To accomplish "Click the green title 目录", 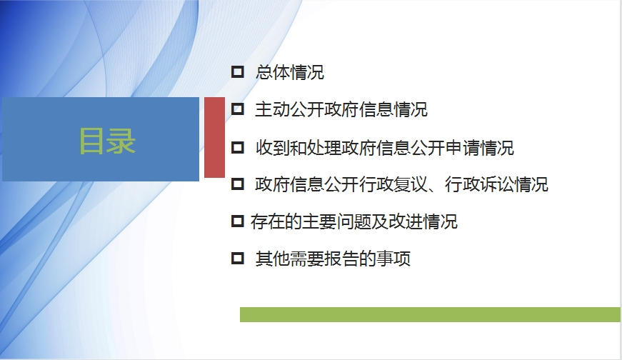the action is pos(108,141).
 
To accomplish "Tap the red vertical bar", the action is pos(215,137).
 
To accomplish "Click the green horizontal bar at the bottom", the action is pos(430,314).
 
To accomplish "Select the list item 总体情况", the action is pos(290,72).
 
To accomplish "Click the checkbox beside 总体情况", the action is pos(237,72).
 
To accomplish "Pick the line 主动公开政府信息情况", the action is pos(341,109).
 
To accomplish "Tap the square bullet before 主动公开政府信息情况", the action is pos(237,109).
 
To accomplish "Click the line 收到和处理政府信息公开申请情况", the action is pos(384,148).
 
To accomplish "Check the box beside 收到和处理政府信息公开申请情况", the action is pos(237,148).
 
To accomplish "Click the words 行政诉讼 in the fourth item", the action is pos(479,184).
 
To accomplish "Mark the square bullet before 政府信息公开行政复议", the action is pos(237,184).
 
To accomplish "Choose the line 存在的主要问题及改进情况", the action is pos(353,221).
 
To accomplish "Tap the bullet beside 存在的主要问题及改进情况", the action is pos(237,221).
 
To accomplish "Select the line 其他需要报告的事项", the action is pos(333,259).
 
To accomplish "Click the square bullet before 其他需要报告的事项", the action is pos(237,259).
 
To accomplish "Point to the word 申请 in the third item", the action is pos(462,148).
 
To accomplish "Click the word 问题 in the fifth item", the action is pos(353,221).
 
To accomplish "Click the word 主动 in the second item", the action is pos(272,109).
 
